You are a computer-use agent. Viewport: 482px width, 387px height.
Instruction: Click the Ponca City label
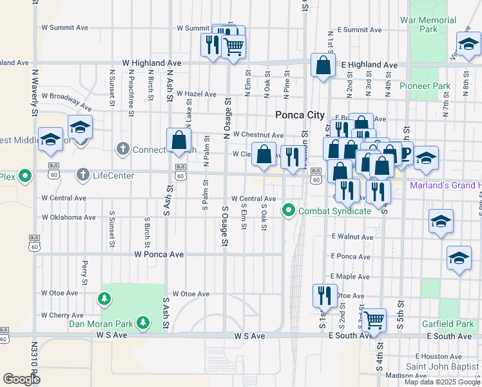pos(300,115)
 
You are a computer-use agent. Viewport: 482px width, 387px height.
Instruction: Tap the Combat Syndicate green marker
pos(289,210)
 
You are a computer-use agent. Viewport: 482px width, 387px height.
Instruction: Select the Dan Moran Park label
pos(101,322)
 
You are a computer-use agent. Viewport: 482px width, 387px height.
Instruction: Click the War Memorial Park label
pos(428,25)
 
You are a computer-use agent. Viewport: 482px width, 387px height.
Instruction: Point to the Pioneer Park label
pos(425,86)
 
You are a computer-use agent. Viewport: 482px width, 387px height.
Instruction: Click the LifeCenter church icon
pos(82,175)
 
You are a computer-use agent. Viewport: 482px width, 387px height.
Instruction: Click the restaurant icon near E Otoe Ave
pos(324,295)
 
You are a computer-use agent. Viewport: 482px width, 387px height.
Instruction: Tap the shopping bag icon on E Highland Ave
pos(323,65)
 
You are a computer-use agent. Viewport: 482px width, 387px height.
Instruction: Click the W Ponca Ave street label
pos(159,255)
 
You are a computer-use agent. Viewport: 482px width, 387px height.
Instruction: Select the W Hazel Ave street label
pos(197,94)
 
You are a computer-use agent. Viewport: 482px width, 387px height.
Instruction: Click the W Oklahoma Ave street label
pos(68,217)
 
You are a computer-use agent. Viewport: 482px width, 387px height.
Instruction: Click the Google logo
pos(21,379)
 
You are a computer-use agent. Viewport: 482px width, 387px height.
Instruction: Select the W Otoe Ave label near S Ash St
pos(191,294)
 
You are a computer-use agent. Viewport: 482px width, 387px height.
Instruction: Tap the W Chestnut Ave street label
pos(258,135)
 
